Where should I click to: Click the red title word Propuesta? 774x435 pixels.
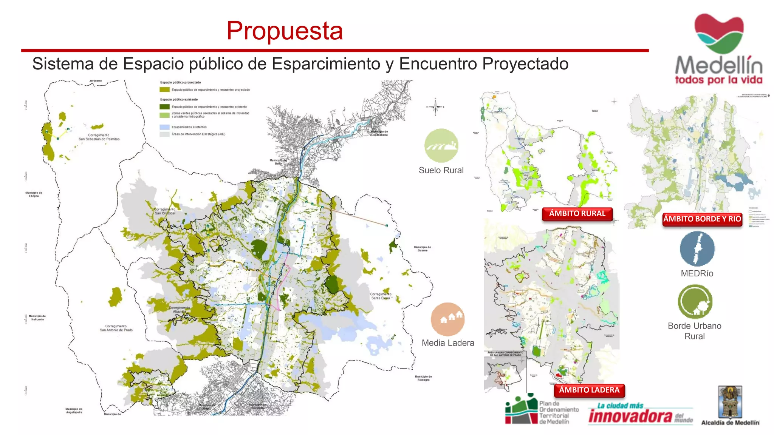pos(285,31)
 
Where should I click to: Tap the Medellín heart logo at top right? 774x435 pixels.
pos(719,33)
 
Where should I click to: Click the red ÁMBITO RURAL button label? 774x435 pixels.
pos(577,214)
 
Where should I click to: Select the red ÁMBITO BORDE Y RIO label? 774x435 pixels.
pos(702,219)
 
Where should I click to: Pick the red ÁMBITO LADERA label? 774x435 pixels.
pos(589,390)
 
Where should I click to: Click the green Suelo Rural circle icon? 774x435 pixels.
pos(441,145)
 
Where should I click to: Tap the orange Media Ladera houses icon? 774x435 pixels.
pos(447,319)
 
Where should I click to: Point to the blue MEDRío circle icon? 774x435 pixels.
pos(697,249)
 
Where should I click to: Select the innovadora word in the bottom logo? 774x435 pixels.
pos(630,416)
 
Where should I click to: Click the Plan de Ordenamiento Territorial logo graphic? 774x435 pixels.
pos(521,409)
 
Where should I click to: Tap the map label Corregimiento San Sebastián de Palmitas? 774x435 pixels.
pos(99,137)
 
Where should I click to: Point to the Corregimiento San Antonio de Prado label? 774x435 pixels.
pos(116,328)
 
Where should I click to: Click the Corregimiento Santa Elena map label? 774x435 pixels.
pos(380,296)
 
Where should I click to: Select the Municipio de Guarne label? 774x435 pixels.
pos(422,249)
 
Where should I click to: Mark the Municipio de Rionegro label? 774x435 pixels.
pos(423,378)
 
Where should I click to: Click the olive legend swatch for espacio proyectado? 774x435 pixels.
pos(164,90)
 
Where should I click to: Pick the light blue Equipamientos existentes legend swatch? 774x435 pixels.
pos(164,127)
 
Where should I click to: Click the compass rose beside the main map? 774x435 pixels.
pos(435,107)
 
